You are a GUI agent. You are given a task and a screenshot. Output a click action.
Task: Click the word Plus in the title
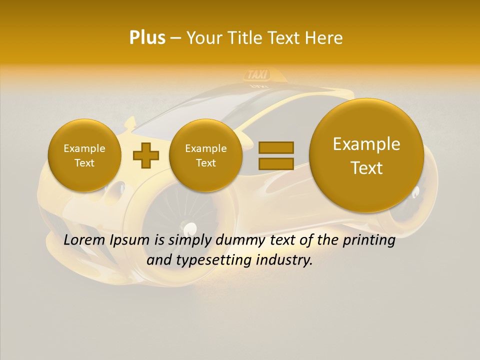[x=147, y=38]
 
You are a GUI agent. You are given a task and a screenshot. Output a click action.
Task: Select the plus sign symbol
[x=145, y=155]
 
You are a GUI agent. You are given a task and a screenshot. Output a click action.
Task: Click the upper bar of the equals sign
[x=276, y=147]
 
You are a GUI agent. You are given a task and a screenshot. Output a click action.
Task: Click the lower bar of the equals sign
[x=276, y=163]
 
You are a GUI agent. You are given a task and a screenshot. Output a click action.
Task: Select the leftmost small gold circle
[x=84, y=155]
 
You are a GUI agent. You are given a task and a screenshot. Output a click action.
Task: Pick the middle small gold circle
[x=205, y=155]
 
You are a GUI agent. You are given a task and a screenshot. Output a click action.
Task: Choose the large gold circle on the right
[x=366, y=155]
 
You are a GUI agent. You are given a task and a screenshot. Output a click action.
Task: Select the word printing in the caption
[x=369, y=240]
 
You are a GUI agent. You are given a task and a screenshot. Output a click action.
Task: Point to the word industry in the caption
[x=287, y=260]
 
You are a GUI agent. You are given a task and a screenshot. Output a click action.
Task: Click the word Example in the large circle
[x=366, y=144]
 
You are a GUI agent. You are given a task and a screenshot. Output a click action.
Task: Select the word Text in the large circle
[x=366, y=168]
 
